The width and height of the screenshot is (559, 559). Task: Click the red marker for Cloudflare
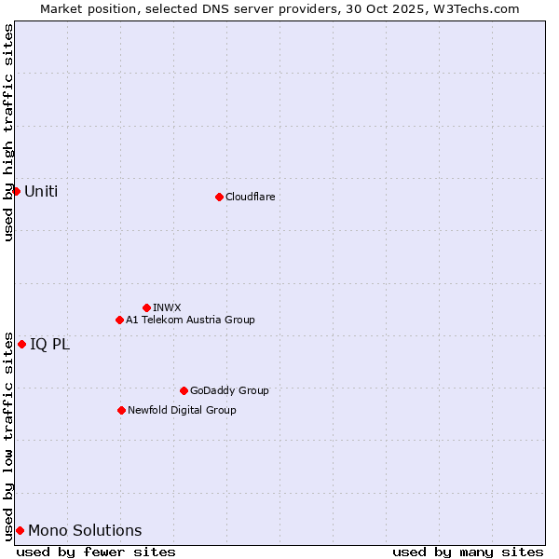[219, 197]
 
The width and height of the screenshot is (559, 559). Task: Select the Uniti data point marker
[16, 191]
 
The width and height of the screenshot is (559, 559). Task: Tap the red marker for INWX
[146, 307]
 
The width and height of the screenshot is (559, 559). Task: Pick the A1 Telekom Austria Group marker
[119, 320]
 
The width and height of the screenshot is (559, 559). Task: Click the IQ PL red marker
[21, 344]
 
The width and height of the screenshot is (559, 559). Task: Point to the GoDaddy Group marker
[184, 390]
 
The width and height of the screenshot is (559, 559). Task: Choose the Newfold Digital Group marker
[121, 410]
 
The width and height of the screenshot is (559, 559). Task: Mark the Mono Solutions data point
[20, 530]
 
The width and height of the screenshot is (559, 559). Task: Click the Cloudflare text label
[250, 197]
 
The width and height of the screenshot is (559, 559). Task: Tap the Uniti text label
[41, 192]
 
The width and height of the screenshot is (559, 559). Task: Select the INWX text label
[167, 307]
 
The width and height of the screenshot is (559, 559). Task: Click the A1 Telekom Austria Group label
[190, 320]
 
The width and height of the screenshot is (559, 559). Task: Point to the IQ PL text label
[49, 345]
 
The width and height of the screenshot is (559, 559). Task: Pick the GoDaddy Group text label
[229, 390]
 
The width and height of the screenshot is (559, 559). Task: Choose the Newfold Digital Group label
[182, 410]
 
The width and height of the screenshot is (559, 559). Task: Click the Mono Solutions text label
[85, 531]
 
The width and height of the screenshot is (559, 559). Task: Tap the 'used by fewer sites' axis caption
[96, 552]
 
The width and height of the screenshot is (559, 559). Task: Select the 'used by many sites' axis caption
[468, 552]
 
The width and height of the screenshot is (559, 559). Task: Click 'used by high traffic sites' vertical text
[9, 132]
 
